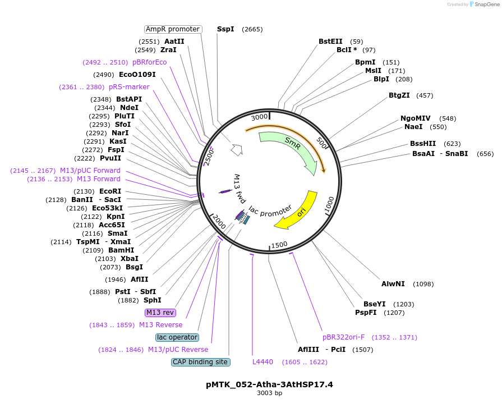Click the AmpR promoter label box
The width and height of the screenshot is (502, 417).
pos(173,29)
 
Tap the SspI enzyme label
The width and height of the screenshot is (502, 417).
pos(225,29)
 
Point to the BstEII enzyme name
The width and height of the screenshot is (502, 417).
pos(330,42)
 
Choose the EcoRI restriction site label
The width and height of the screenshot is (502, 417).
pos(110,191)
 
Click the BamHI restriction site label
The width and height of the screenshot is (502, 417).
pos(121,250)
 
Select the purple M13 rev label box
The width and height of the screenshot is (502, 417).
pos(160,313)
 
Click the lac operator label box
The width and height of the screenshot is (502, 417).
pos(177,337)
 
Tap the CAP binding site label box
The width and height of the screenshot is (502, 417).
pos(201,362)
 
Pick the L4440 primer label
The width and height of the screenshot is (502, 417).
pos(262,362)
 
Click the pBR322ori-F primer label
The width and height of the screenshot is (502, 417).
pos(343,337)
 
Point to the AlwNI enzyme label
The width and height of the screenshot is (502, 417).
pos(393,284)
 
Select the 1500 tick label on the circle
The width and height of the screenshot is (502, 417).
pos(279,245)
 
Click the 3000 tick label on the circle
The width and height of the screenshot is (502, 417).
pos(259,117)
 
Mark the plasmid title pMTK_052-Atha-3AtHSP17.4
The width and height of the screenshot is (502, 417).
pos(269,384)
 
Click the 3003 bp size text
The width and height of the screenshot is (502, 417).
pos(269,393)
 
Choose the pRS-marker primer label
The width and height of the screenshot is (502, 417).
pos(129,87)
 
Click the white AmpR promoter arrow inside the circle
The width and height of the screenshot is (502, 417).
pos(237,149)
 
